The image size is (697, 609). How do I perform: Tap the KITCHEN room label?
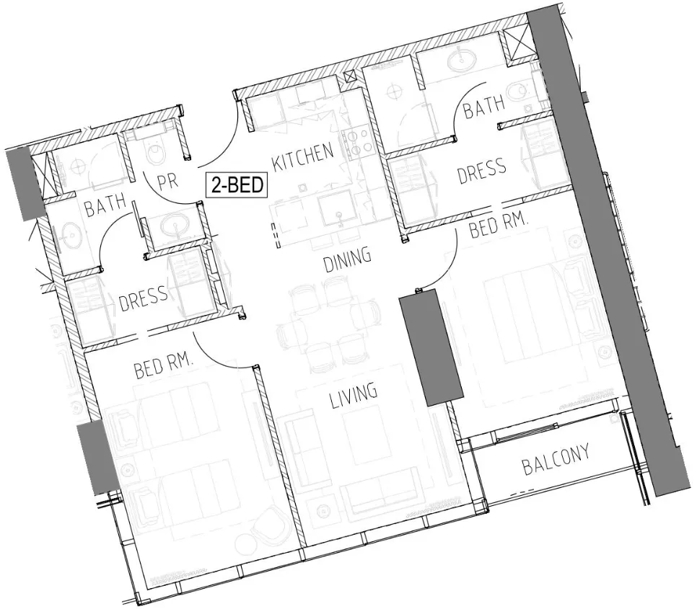pyautogui.click(x=303, y=155)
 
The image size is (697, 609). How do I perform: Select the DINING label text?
pyautogui.click(x=347, y=258)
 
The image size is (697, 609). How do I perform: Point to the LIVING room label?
pyautogui.click(x=354, y=394)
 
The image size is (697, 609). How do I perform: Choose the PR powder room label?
pyautogui.click(x=167, y=180)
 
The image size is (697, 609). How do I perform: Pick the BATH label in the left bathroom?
pyautogui.click(x=105, y=208)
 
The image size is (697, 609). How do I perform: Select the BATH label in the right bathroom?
pyautogui.click(x=484, y=110)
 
